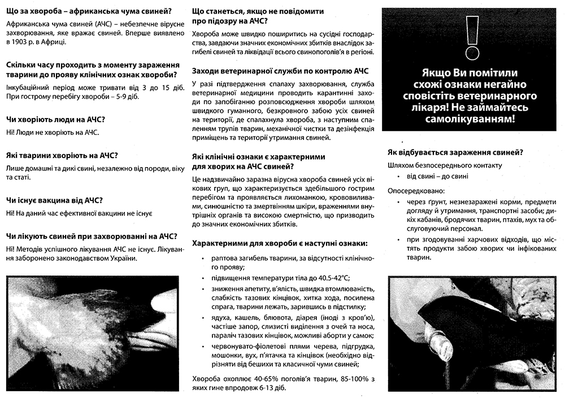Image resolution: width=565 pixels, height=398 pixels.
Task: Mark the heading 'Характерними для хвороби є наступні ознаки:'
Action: click(x=280, y=243)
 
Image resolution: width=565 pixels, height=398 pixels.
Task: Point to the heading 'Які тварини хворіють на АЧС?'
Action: click(x=62, y=155)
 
